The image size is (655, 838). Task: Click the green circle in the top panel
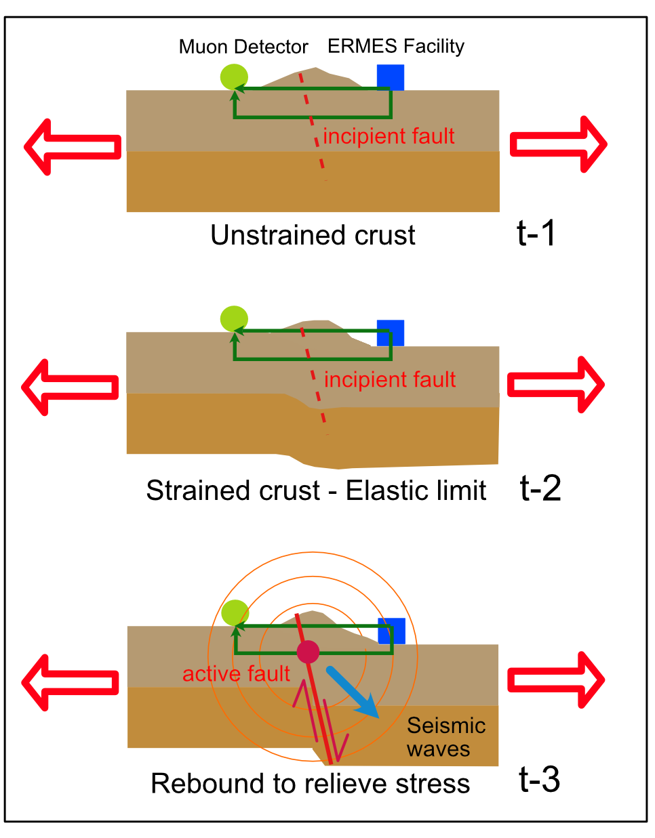(x=234, y=77)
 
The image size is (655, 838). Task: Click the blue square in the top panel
(x=391, y=77)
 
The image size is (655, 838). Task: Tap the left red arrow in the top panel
(x=72, y=146)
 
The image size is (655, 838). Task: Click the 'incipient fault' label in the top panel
(x=389, y=136)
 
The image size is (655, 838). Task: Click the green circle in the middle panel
(x=235, y=318)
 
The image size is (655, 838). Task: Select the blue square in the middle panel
(x=391, y=332)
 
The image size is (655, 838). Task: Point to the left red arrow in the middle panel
(x=70, y=387)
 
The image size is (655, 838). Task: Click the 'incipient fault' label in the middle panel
(x=390, y=379)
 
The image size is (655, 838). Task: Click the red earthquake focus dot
(x=308, y=652)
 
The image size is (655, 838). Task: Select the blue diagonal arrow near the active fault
(x=352, y=692)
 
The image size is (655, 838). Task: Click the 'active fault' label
(x=236, y=674)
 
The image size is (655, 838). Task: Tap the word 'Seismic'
(x=446, y=726)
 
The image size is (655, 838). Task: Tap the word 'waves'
(x=439, y=749)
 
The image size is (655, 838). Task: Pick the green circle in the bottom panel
(x=235, y=613)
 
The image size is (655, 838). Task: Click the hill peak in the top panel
(x=314, y=69)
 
